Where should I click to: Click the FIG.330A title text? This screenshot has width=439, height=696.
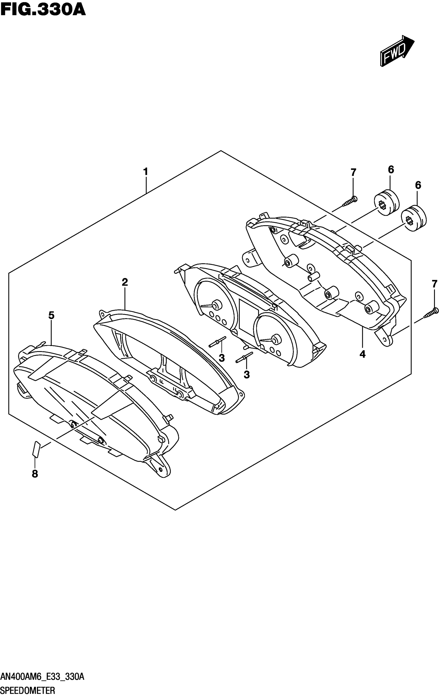43,9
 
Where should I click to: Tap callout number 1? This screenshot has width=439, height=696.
146,172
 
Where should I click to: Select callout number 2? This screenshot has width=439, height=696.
125,282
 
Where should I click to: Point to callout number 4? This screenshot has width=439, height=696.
363,354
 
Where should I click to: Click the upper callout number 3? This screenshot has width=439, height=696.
222,358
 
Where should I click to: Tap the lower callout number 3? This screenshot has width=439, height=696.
247,375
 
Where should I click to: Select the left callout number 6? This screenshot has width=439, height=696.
391,170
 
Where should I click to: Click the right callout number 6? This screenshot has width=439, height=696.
418,185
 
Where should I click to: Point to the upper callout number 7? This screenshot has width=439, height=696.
354,173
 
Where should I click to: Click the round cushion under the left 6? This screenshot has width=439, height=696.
386,202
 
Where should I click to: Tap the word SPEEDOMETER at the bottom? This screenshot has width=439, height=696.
28,691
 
